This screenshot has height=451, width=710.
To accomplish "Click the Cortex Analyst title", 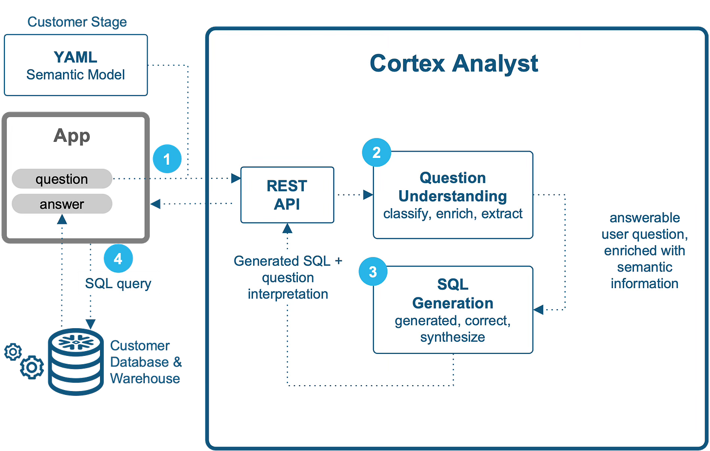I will tap(454, 63).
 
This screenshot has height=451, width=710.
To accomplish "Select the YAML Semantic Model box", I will tap(76, 65).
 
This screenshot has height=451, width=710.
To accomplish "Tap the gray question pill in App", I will tap(62, 179).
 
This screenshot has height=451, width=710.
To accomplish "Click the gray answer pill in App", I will tap(62, 204).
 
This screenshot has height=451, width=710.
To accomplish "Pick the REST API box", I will tap(287, 195).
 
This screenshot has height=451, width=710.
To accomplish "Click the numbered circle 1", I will tap(167, 159).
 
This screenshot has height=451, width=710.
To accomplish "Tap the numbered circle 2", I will tap(376, 153).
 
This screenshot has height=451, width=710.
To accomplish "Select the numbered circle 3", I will tap(373, 272).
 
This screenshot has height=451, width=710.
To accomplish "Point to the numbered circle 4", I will tap(118, 258).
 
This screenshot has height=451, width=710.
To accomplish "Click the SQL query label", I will tap(118, 283).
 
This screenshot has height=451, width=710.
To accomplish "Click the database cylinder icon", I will tap(76, 361).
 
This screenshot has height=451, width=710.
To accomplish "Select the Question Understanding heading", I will tap(453, 187).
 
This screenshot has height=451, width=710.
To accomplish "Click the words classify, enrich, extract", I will tap(453, 214).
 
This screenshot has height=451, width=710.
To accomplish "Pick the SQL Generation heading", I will tap(453, 294).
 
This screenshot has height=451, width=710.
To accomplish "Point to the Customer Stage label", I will tap(77, 22).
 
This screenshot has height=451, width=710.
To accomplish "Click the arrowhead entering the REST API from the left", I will tap(236, 178).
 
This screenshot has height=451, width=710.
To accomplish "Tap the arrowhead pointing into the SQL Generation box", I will tap(538, 310).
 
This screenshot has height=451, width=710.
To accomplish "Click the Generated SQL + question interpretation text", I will tap(288, 277).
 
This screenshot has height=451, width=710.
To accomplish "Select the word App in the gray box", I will tap(72, 136).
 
